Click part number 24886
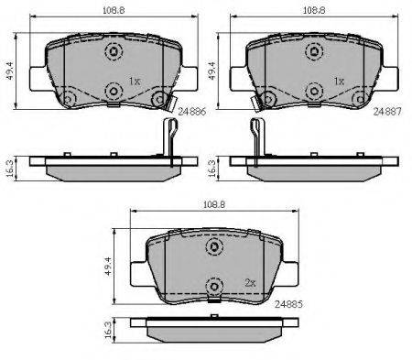(192, 112)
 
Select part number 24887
(387, 112)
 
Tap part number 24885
(288, 304)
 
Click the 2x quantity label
(250, 283)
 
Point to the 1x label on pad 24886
(134, 82)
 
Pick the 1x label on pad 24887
(339, 82)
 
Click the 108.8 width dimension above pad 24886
(114, 10)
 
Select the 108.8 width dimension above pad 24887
(314, 10)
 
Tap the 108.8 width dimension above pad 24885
(214, 204)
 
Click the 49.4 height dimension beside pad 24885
(109, 267)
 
